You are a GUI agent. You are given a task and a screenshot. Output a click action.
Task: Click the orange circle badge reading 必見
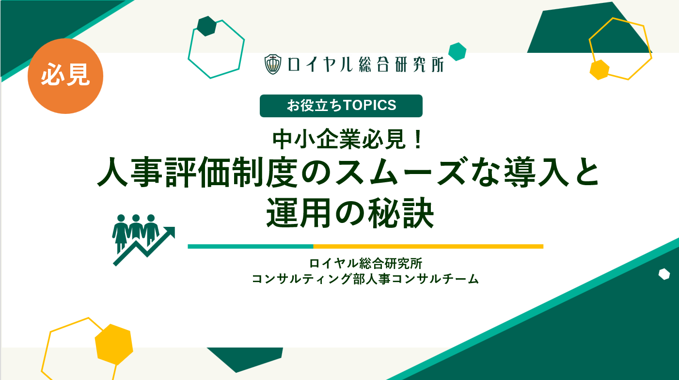click(65, 76)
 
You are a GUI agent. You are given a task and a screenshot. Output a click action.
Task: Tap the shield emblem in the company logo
click(273, 64)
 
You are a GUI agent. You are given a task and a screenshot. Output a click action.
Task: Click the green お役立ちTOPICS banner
click(341, 106)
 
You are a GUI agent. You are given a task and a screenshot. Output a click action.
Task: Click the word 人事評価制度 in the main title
click(197, 172)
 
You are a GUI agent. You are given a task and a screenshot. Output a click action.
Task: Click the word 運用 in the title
click(298, 213)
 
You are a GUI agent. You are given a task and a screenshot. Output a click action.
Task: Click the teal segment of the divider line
click(251, 246)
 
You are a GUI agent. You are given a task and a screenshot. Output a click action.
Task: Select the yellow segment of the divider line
click(428, 246)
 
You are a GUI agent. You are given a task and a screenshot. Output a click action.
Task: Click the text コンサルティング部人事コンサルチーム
click(365, 279)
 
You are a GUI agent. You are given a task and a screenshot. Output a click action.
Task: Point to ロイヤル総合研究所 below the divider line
click(365, 263)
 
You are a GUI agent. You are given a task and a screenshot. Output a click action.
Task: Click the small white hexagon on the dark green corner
click(664, 274)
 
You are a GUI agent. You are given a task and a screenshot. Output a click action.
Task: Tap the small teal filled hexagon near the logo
click(457, 51)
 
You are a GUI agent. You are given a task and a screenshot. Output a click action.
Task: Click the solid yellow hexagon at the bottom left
click(114, 344)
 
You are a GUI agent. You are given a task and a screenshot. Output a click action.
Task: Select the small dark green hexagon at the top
click(207, 26)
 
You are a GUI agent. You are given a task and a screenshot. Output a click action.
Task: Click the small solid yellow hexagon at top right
click(600, 70)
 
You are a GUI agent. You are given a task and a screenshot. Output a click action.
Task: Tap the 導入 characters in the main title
click(536, 172)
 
